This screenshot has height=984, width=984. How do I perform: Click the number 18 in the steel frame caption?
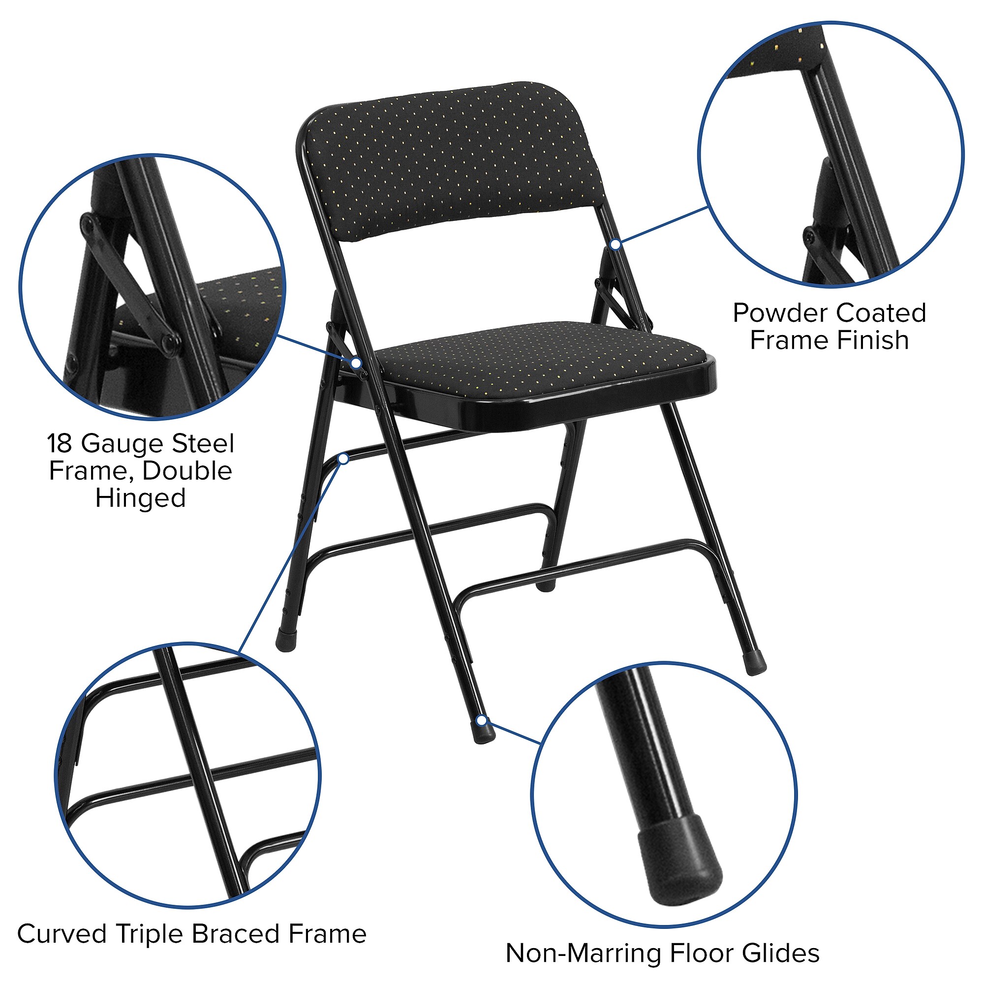tap(60, 443)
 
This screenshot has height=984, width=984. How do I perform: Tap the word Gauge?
tap(123, 444)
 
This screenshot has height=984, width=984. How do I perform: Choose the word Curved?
tap(61, 934)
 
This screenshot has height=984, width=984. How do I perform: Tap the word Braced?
tap(236, 934)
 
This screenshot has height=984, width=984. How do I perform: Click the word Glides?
tap(781, 953)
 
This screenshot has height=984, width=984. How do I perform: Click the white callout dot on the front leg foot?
tap(481, 721)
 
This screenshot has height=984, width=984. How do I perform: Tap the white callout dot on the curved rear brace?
tap(343, 459)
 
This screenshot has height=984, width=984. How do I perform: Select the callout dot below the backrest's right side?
tap(615, 245)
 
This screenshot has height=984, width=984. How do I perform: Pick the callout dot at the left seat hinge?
tap(357, 363)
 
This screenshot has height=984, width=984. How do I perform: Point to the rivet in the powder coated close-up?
tap(810, 236)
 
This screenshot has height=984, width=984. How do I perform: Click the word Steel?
tap(203, 443)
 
